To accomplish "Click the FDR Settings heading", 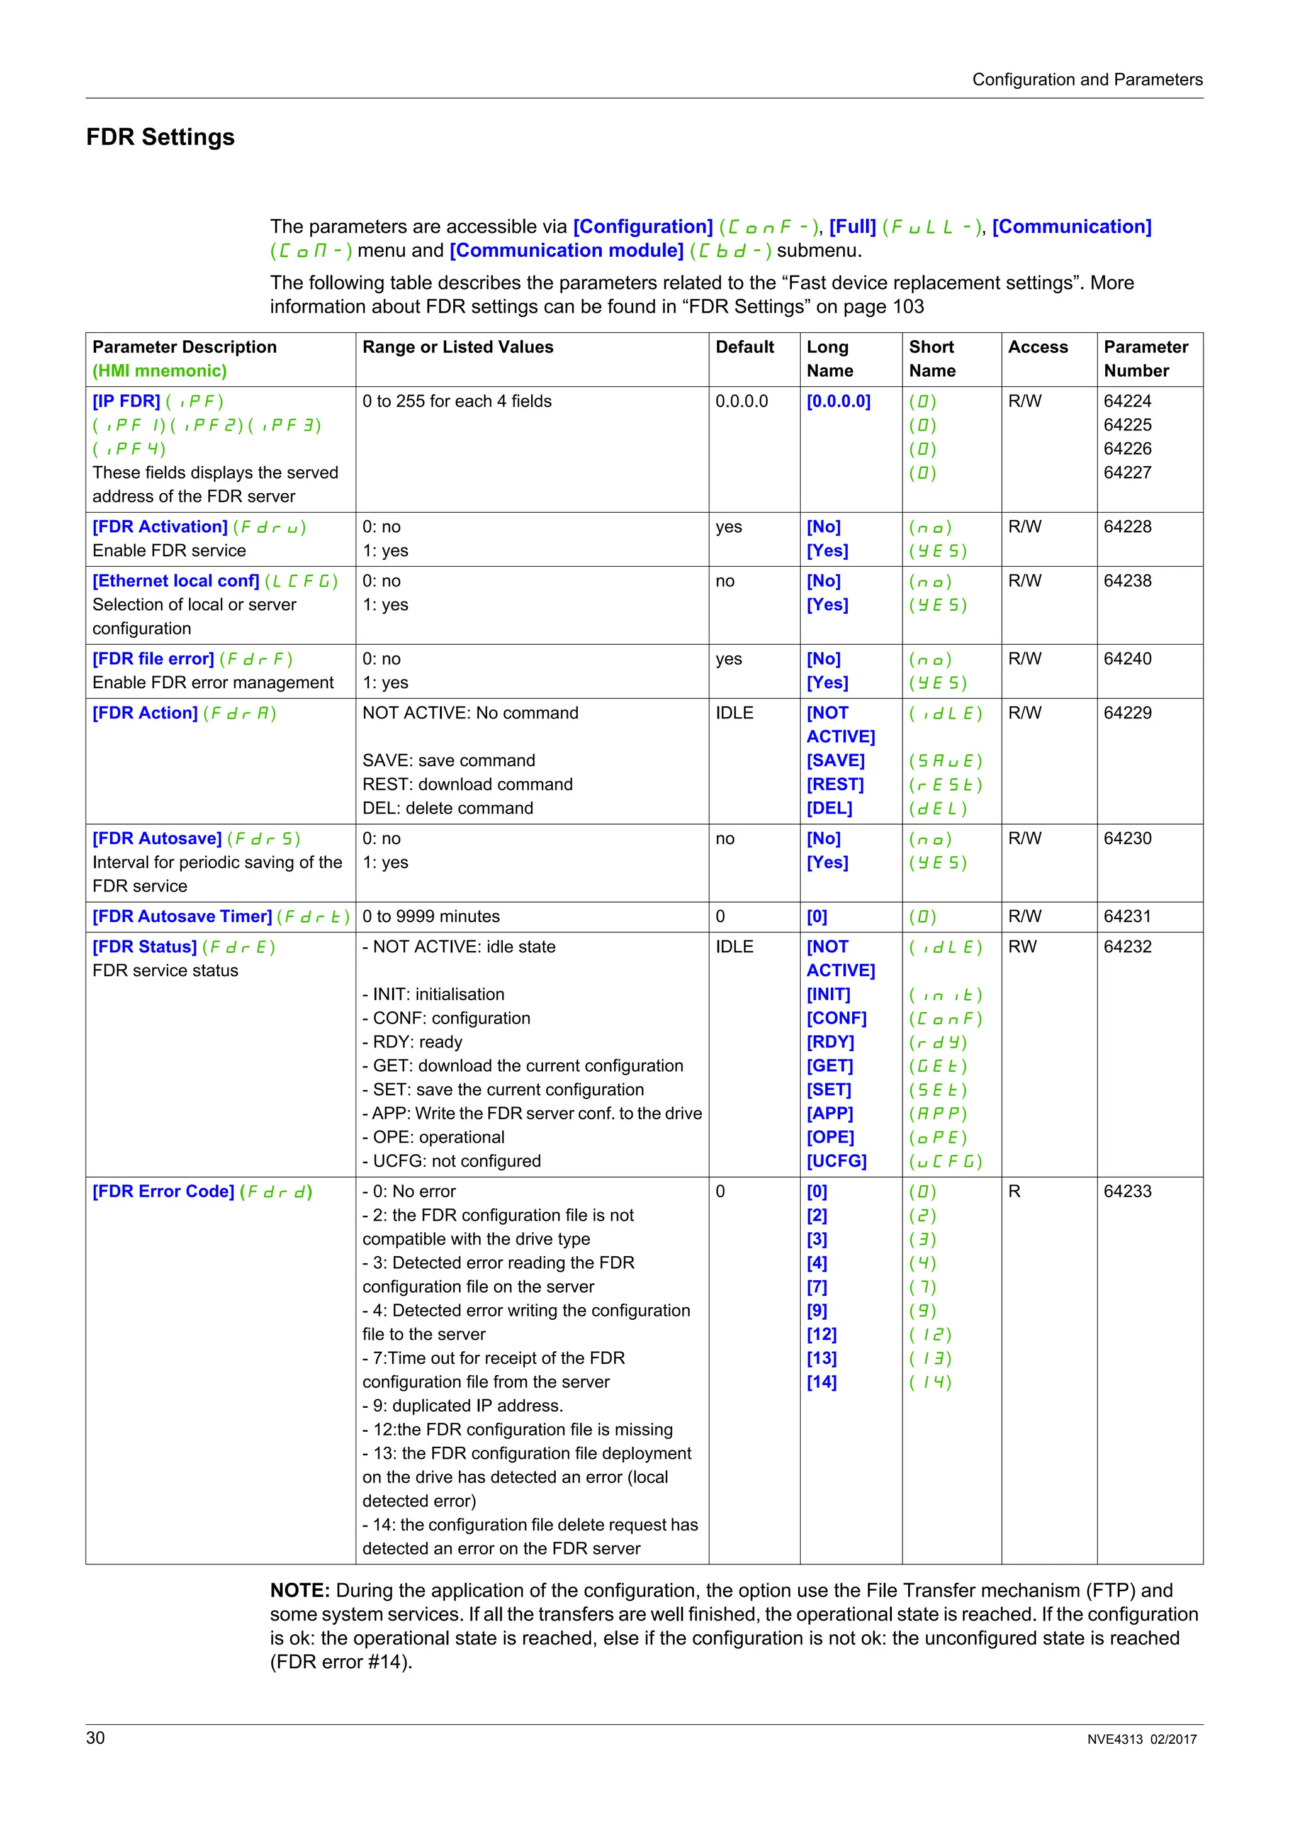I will pyautogui.click(x=160, y=137).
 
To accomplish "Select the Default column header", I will pyautogui.click(x=744, y=347).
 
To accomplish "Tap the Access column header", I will pyautogui.click(x=1037, y=347).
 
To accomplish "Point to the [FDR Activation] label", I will pyautogui.click(x=160, y=527).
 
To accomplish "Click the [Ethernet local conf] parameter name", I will pyautogui.click(x=176, y=581).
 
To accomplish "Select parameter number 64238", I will pyautogui.click(x=1127, y=581).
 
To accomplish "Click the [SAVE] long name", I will pyautogui.click(x=835, y=761).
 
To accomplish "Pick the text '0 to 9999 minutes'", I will pyautogui.click(x=431, y=917).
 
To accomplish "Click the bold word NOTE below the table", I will pyautogui.click(x=300, y=1590).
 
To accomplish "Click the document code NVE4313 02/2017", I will pyautogui.click(x=1141, y=1739).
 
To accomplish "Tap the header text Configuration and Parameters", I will pyautogui.click(x=1086, y=79).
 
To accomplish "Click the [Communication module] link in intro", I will pyautogui.click(x=566, y=251).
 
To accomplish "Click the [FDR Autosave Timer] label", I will pyautogui.click(x=182, y=917).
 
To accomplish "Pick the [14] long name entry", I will pyautogui.click(x=821, y=1381).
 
